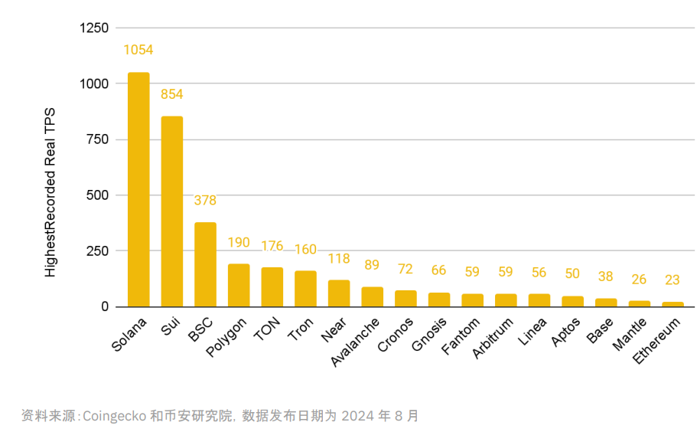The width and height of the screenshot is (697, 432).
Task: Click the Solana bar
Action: (138, 189)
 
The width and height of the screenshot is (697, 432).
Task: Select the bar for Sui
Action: (171, 211)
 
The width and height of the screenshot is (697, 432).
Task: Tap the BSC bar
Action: (205, 264)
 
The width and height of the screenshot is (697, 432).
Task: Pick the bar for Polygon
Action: (239, 285)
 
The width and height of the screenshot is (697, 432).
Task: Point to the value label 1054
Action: (138, 50)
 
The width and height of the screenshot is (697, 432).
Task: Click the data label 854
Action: (171, 94)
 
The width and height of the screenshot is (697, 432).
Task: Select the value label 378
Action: (205, 201)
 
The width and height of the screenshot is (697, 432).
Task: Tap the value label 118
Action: (339, 259)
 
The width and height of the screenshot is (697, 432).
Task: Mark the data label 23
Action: (673, 280)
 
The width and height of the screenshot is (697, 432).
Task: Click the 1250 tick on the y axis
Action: (94, 28)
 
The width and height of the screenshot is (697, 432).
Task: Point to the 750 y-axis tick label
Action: (98, 139)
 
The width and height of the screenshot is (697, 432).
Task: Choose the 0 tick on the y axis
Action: (105, 306)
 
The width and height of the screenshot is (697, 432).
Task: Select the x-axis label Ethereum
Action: (656, 341)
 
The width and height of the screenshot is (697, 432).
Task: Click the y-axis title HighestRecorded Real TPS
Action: (50, 191)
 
